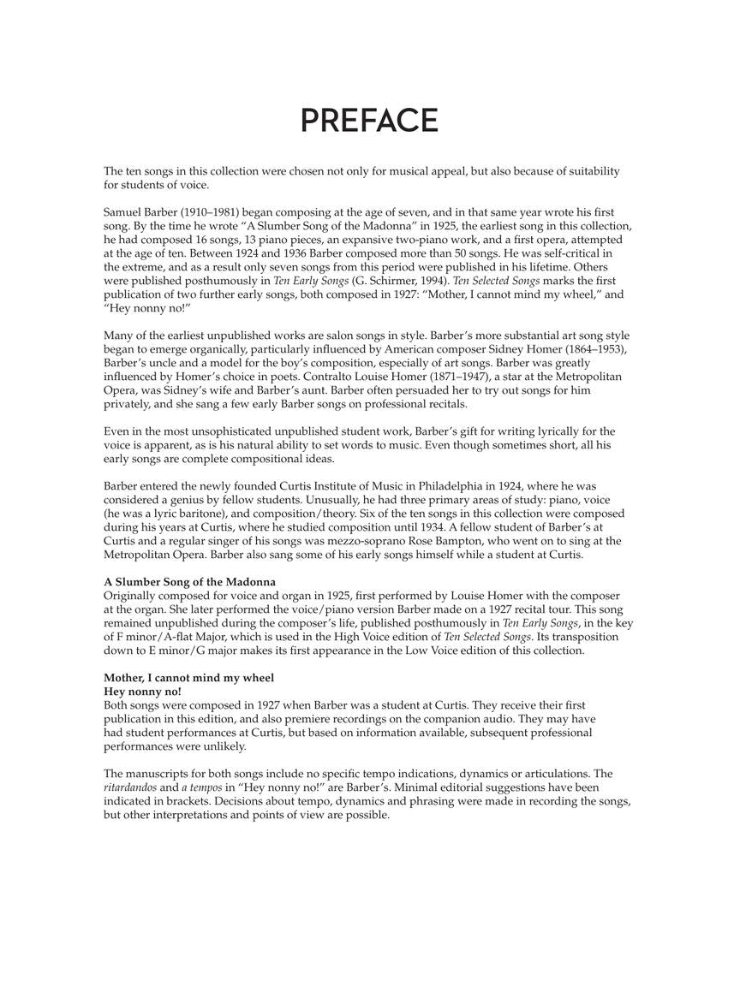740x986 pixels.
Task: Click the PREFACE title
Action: (369, 121)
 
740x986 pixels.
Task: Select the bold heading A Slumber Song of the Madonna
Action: (189, 582)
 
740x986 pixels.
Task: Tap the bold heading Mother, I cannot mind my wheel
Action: (188, 678)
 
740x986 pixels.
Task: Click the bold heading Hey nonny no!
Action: (142, 691)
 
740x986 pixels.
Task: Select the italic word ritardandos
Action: (130, 787)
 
